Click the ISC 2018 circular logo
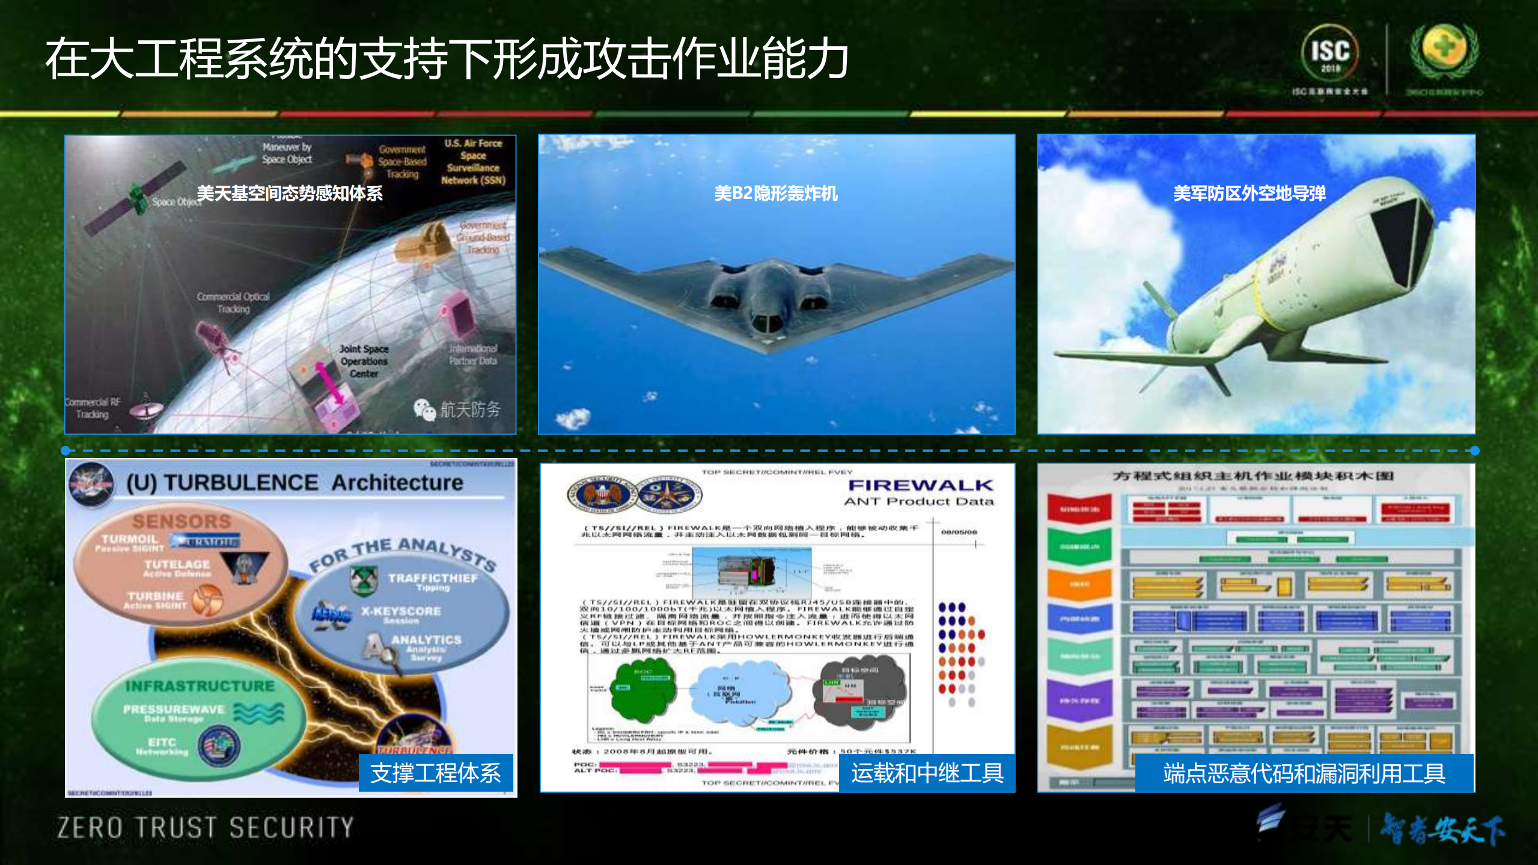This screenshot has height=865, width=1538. tap(1329, 52)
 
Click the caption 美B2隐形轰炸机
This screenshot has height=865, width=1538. tap(775, 194)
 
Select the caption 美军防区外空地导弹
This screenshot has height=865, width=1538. tap(1249, 194)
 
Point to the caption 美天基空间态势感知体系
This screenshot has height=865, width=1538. tap(290, 194)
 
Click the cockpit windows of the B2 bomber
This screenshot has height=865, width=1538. tap(767, 323)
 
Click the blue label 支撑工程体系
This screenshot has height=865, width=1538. tap(435, 773)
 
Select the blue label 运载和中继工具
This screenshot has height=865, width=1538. tap(927, 773)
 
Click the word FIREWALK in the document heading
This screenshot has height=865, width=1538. tap(920, 485)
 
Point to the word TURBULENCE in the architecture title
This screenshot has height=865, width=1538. tap(241, 483)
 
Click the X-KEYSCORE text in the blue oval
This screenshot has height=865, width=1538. tap(401, 611)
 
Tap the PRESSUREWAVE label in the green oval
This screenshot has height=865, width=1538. tap(174, 709)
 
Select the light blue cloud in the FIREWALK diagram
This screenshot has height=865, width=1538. tap(742, 691)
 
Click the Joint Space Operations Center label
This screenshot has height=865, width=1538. tap(364, 361)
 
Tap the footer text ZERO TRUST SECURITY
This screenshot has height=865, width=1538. tap(206, 828)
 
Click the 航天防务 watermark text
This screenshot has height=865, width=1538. tap(470, 410)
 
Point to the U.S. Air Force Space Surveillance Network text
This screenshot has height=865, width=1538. tap(473, 162)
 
